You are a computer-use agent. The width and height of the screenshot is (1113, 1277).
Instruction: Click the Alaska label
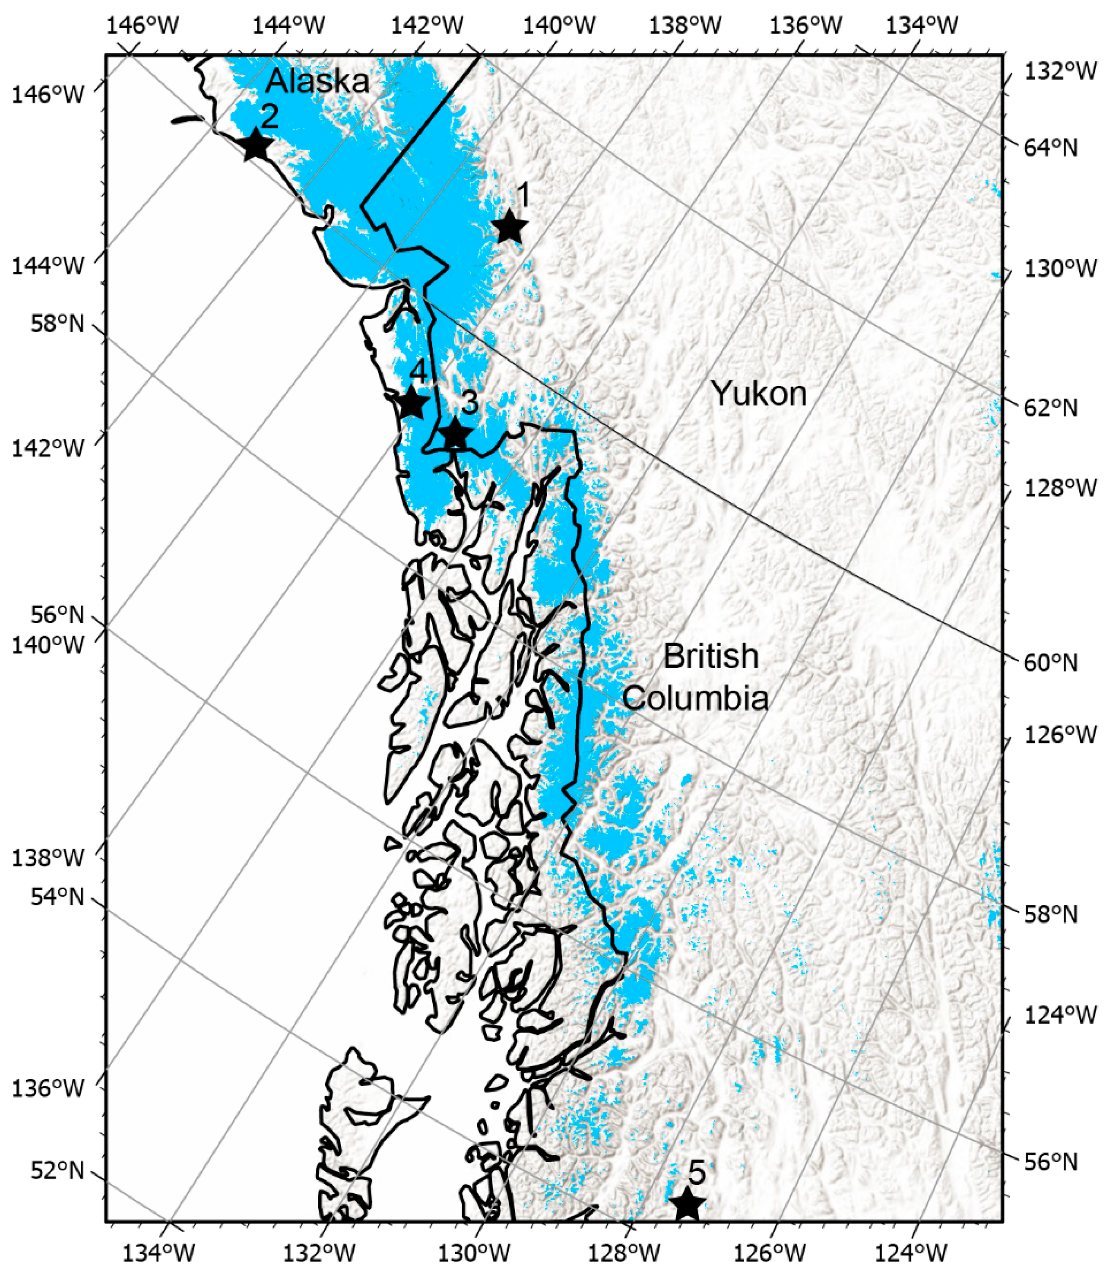[x=318, y=81]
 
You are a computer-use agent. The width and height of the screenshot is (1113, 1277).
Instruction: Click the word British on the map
[x=711, y=656]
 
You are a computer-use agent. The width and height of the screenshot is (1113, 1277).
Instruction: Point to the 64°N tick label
[x=1050, y=148]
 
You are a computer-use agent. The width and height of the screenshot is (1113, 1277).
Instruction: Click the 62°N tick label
[x=1050, y=408]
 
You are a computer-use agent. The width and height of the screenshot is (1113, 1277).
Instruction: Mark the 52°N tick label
[x=57, y=1170]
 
